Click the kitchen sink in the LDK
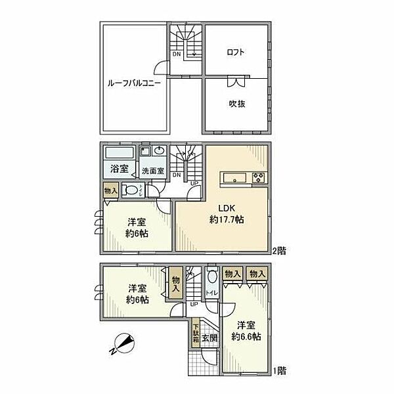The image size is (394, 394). tap(233, 177)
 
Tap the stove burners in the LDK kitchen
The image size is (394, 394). tap(257, 177)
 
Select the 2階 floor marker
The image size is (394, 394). tap(280, 251)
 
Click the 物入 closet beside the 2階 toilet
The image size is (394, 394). tap(110, 190)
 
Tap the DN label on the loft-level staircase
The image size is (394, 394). tap(177, 55)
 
